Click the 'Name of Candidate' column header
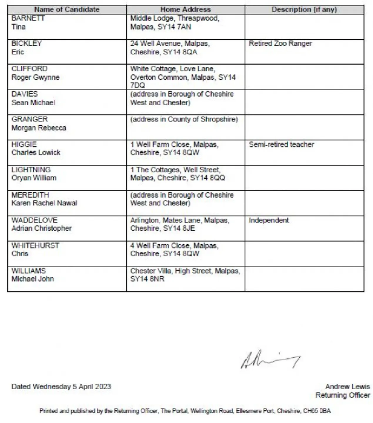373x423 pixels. tap(67, 9)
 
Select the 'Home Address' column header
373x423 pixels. tap(185, 9)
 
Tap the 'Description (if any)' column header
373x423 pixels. tap(304, 9)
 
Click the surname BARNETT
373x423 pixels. tap(28, 18)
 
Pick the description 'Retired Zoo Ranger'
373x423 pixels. tap(280, 43)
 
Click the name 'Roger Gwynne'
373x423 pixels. tap(35, 77)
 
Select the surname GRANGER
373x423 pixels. tap(29, 119)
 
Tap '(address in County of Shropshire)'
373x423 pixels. tap(184, 119)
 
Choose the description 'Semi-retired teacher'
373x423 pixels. tap(281, 145)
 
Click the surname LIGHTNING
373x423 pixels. tap(31, 170)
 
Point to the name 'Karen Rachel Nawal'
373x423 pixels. tap(44, 203)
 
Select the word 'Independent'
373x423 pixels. tap(269, 220)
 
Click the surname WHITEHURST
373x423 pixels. tap(35, 246)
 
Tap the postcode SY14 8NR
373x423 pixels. tap(147, 279)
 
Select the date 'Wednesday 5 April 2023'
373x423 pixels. tap(72, 387)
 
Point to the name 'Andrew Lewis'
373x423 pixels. tap(347, 387)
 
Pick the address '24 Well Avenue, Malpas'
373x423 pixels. tap(170, 43)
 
